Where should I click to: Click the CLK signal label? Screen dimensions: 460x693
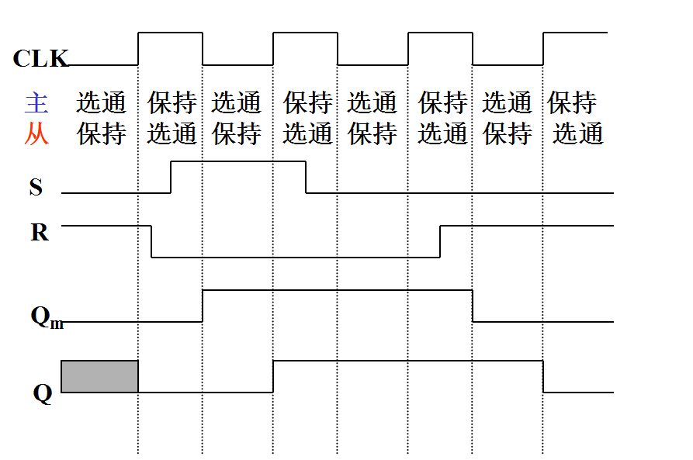tap(40, 58)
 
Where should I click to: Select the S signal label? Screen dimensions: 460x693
tap(36, 187)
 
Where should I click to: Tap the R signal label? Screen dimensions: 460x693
tap(39, 232)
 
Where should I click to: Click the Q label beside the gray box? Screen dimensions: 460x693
tap(42, 393)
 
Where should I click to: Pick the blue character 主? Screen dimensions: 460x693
tap(36, 102)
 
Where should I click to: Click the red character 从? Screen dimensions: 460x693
tap(36, 134)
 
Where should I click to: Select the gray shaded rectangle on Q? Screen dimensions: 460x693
tap(99, 376)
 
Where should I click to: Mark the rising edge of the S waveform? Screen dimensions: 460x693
tap(171, 177)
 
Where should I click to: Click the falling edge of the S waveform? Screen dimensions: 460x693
tap(306, 177)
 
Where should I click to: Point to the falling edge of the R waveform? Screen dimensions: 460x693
tap(151, 241)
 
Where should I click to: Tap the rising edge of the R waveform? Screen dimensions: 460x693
tap(440, 241)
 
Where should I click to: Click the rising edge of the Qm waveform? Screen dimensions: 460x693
tap(203, 306)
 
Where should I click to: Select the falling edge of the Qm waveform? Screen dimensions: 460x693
tap(473, 306)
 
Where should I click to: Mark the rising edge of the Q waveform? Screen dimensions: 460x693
tap(273, 376)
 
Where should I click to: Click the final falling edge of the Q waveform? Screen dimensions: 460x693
tap(543, 376)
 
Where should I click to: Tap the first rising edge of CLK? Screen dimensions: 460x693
tap(138, 49)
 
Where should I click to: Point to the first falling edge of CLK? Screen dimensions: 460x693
tap(203, 49)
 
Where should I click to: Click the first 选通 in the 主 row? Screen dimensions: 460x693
tap(101, 102)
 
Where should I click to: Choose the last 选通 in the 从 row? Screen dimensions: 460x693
tap(578, 134)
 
